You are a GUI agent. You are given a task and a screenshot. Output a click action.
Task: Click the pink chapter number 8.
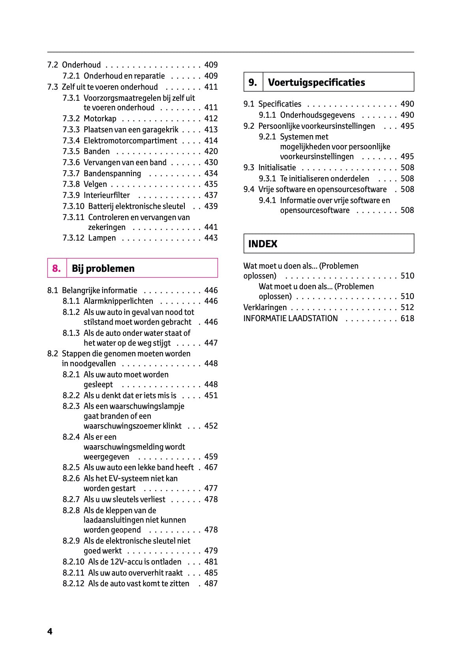pos(56,269)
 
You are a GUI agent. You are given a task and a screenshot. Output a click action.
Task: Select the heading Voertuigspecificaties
pos(316,83)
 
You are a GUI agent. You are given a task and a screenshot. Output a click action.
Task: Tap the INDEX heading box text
pos(263,244)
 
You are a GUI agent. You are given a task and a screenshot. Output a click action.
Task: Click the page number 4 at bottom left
pos(50,631)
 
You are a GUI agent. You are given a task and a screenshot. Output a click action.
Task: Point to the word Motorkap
pos(100,119)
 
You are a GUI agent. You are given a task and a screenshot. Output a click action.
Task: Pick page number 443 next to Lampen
pos(211,238)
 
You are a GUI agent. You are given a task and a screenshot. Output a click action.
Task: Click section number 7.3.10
pos(73,206)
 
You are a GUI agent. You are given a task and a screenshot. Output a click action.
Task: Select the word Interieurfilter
pos(107,195)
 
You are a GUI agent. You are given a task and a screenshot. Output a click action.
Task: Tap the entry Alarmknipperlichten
pos(118,301)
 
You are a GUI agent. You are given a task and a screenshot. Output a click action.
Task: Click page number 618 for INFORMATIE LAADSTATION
pos(407,318)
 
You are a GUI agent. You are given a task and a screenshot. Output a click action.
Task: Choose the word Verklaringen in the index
pos(265,307)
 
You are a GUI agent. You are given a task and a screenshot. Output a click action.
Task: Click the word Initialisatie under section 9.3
pos(277,167)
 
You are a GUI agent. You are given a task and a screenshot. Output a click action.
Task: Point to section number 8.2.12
pos(73,583)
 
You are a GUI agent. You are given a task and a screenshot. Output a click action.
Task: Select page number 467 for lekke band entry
pos(211,467)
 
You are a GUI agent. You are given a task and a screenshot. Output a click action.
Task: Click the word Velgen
pos(95,184)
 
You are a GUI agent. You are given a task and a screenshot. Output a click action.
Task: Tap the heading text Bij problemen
pos(103,269)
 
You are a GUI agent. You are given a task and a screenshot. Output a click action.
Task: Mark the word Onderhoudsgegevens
pos(317,115)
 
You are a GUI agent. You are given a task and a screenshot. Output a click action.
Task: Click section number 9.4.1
pos(267,200)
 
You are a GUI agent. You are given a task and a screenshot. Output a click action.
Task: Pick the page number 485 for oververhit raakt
pos(211,573)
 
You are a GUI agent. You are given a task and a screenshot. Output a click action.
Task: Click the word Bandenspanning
pos(112,173)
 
